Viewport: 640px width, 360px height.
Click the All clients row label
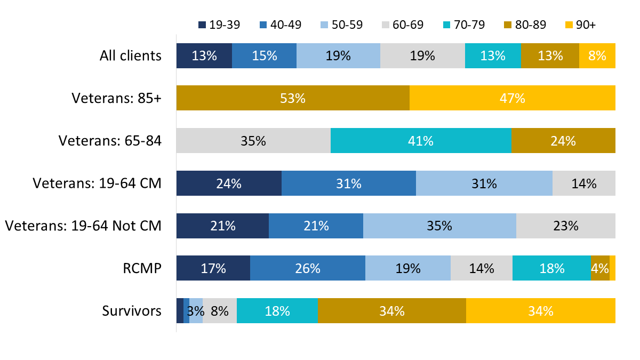[130, 55]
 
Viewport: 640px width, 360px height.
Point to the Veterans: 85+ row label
[116, 98]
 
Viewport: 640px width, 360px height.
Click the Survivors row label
[132, 311]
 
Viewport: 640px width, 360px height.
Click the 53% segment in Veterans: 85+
[293, 98]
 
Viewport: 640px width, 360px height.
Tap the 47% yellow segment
[512, 98]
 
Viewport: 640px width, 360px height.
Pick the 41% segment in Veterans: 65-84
[421, 141]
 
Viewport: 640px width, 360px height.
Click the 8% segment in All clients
[597, 55]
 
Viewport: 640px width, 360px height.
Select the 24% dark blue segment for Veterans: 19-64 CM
[229, 183]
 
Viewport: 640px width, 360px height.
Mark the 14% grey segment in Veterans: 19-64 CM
[583, 183]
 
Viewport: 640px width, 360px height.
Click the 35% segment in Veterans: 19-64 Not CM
[439, 226]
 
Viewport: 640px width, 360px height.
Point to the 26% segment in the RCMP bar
[307, 268]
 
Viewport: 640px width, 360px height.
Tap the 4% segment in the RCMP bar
[599, 268]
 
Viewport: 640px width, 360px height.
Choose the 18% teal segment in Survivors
[277, 311]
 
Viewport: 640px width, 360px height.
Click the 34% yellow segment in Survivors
[540, 311]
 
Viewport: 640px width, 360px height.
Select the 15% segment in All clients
[264, 55]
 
